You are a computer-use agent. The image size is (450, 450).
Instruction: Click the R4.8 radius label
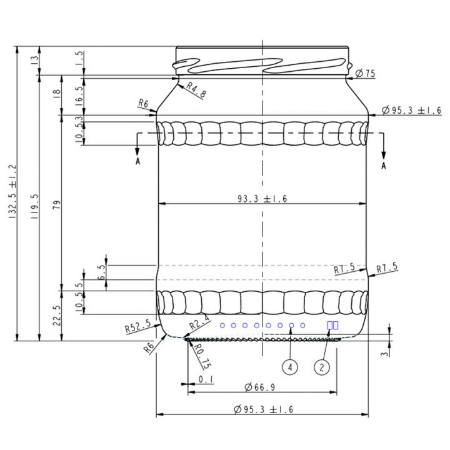point(195,91)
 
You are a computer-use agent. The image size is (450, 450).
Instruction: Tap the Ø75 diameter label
point(365,74)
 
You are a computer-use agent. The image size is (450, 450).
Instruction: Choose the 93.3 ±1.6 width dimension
point(262,199)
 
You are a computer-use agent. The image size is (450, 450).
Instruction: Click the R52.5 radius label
point(137,326)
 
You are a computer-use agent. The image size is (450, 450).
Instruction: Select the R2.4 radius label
point(199,323)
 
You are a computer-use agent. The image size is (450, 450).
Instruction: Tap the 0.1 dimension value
point(206,379)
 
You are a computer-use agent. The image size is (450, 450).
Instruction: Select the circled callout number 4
point(290,367)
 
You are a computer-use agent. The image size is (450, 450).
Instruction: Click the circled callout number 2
point(322,367)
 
